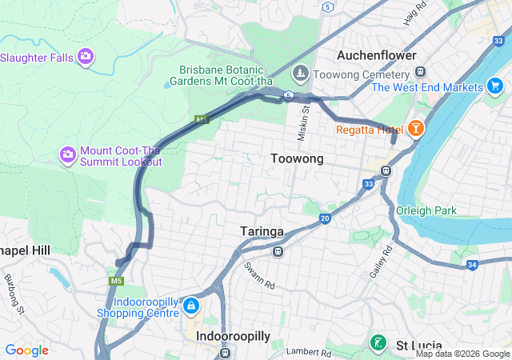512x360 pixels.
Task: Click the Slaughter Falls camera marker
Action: coord(86,56)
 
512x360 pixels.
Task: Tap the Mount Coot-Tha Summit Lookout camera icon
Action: coord(68,154)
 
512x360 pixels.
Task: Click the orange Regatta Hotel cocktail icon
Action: coord(415,128)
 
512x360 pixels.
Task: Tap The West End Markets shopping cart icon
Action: coord(494,86)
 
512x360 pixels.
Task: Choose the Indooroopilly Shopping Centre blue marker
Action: coord(191,306)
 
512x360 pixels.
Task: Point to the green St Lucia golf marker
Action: coord(378,342)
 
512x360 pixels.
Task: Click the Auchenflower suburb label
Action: coord(376,55)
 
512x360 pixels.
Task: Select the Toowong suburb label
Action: coord(296,159)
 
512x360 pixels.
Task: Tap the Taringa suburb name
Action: coord(262,231)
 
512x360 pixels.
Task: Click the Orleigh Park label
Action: coord(426,211)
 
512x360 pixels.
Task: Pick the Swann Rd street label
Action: coord(260,274)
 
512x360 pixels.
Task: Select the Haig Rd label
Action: coord(414,14)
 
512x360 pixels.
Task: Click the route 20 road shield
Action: coord(324,218)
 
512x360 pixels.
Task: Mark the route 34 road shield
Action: coord(472,265)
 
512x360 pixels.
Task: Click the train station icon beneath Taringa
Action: coord(278,251)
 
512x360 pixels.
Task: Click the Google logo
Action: coord(26,350)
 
